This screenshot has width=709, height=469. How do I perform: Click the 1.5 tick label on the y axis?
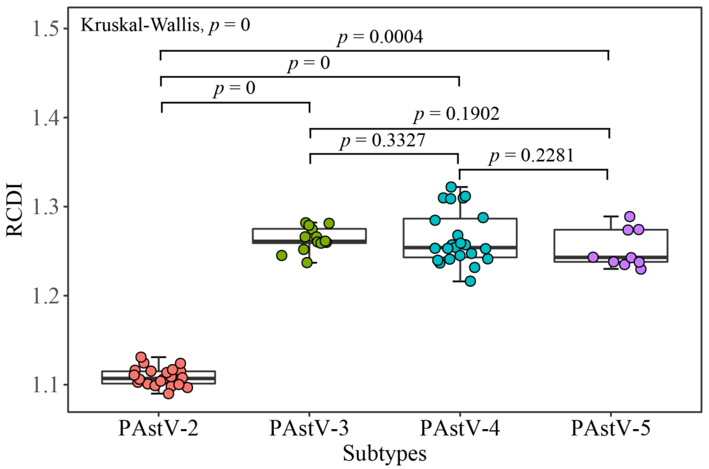(x=45, y=29)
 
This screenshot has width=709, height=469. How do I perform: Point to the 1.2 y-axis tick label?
(x=45, y=296)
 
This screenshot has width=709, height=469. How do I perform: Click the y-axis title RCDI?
(x=14, y=209)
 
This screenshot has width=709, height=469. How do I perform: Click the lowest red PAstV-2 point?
(x=169, y=394)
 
